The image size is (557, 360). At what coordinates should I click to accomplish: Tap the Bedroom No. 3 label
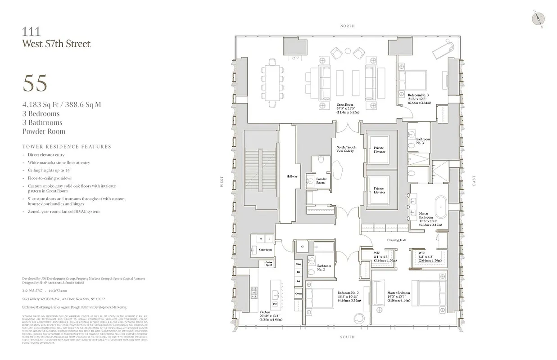(418, 95)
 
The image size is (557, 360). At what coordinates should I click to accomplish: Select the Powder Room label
(321, 181)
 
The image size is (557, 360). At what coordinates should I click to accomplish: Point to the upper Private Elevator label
(379, 150)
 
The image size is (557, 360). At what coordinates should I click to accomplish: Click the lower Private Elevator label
(379, 190)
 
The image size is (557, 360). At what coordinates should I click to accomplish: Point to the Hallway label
(291, 176)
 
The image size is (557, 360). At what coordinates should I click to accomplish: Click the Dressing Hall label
(396, 240)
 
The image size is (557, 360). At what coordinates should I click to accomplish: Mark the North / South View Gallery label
(345, 149)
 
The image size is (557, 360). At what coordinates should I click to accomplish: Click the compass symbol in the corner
(538, 18)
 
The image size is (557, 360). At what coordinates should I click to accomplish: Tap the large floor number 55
(35, 84)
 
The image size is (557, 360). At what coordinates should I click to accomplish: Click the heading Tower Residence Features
(67, 147)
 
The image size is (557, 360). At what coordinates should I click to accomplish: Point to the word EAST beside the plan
(474, 181)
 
